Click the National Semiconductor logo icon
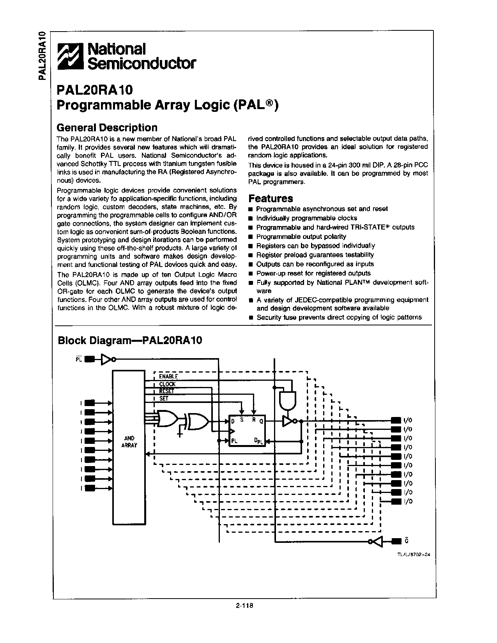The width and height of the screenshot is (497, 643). pos(70,57)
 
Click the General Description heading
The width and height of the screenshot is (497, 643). pos(107,127)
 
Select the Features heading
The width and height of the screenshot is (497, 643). pos(271,198)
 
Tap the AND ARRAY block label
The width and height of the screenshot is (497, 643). pos(129,442)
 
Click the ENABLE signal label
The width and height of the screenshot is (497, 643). pos(168,376)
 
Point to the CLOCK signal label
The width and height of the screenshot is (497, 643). pos(167,384)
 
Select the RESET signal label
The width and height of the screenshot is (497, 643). pos(167,391)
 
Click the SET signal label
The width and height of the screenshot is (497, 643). pos(164,399)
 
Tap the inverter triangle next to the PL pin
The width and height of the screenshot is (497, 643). pos(106,359)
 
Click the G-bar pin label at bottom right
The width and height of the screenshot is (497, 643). pos(407,541)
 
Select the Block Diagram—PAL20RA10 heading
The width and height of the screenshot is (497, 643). pos(130,341)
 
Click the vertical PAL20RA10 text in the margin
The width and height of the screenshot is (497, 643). pos(43,55)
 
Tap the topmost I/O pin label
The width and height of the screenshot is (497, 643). pos(408,420)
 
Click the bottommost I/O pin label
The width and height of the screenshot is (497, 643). pos(408,502)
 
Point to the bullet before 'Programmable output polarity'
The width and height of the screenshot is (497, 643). pos(251,237)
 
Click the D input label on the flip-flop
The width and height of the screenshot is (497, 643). pos(233,421)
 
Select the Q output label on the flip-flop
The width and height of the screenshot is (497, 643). pos(261,421)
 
